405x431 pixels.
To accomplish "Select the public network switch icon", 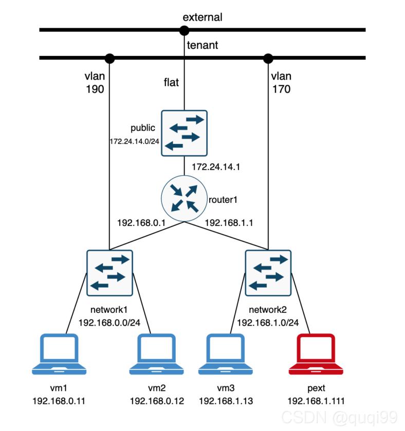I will pyautogui.click(x=184, y=133).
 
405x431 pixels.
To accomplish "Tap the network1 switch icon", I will pyautogui.click(x=109, y=273).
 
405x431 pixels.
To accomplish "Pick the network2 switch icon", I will pyautogui.click(x=268, y=273).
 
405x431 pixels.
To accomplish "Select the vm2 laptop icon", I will pyautogui.click(x=156, y=355).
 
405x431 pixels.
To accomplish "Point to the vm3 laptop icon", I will pyautogui.click(x=226, y=355).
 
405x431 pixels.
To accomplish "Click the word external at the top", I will pyautogui.click(x=202, y=17).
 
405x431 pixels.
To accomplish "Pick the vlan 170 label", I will pyautogui.click(x=281, y=83).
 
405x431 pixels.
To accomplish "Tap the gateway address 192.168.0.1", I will pyautogui.click(x=140, y=223).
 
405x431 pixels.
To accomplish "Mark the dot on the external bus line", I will pyautogui.click(x=184, y=30).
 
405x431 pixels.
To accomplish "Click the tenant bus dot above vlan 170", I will pyautogui.click(x=268, y=58).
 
